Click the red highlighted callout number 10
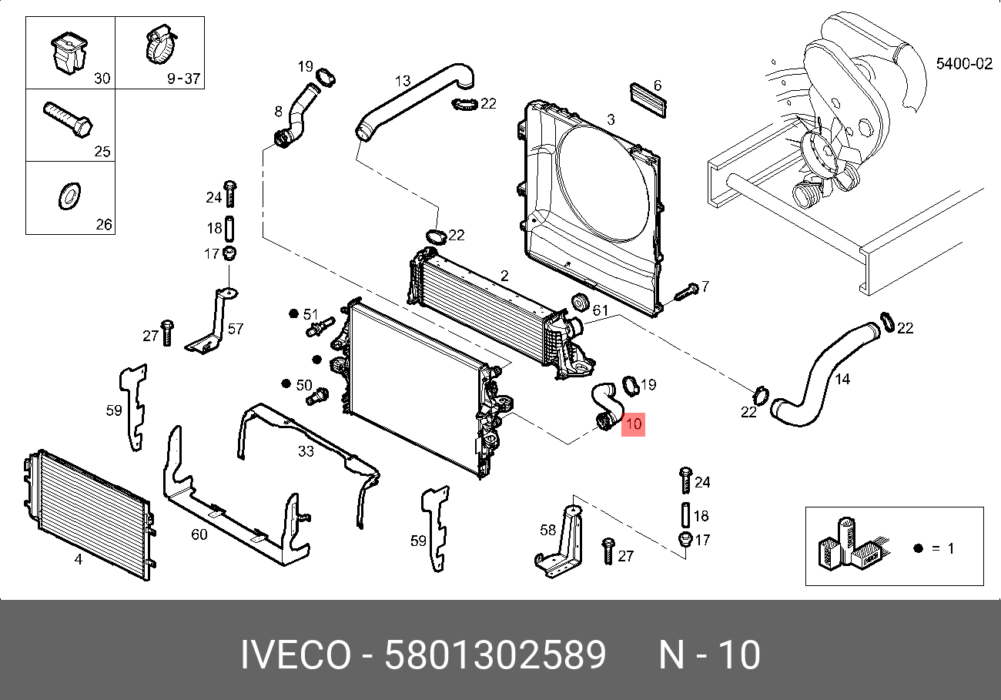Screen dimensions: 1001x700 point(633,424)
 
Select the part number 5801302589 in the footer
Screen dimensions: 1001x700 point(495,655)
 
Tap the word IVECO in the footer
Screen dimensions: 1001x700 point(296,655)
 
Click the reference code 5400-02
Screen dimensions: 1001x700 point(964,64)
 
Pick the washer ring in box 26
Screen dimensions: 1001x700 point(69,196)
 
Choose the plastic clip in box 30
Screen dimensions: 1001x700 point(69,52)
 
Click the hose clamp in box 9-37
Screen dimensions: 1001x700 point(160,45)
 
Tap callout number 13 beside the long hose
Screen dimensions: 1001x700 point(403,81)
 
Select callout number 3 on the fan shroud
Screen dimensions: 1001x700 point(611,119)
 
